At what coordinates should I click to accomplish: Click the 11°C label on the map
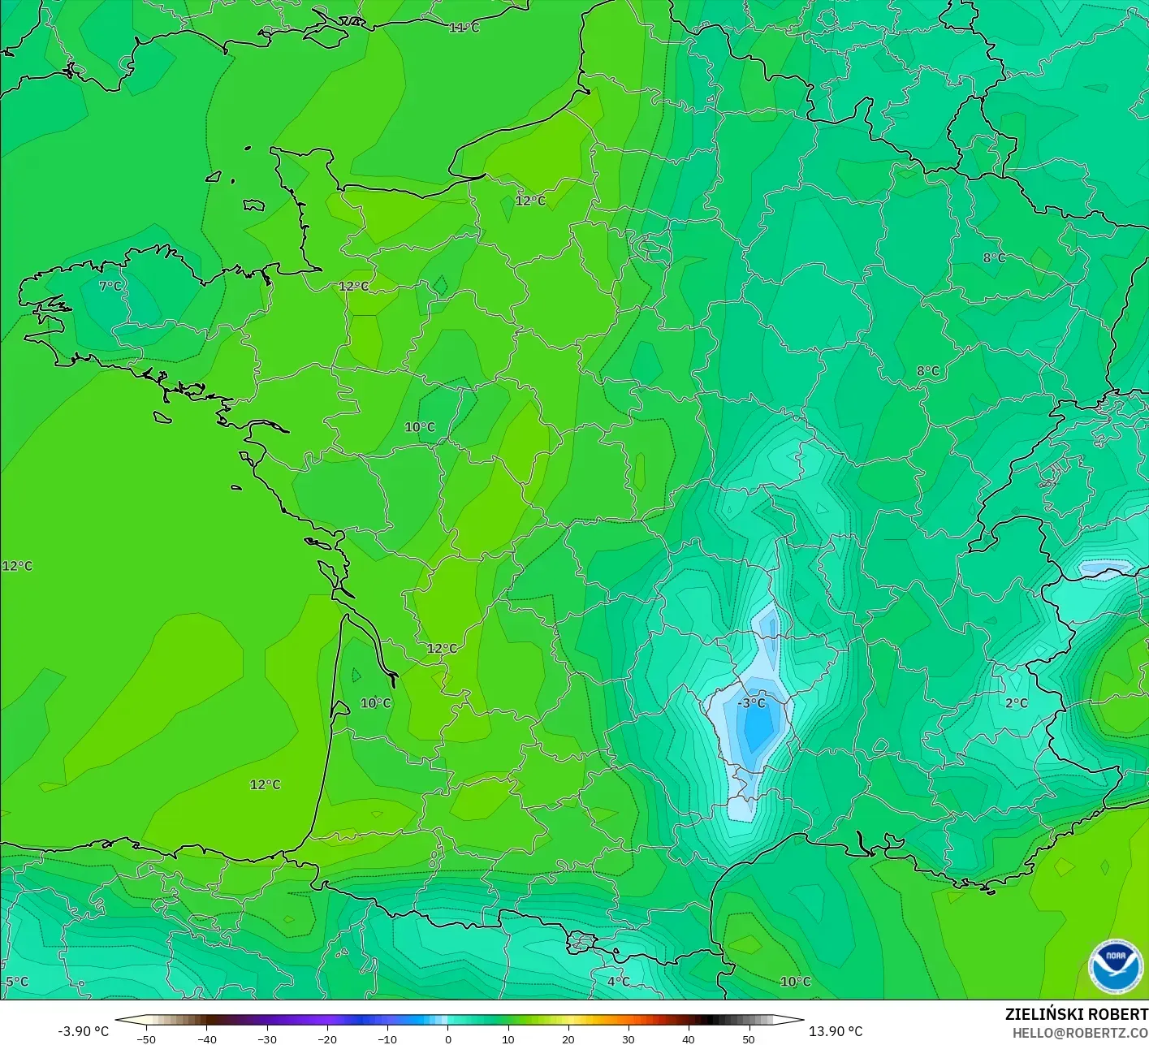click(x=464, y=28)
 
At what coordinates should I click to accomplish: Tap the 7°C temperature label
click(x=110, y=286)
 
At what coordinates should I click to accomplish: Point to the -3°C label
click(x=752, y=702)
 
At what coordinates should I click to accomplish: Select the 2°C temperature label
click(x=1017, y=703)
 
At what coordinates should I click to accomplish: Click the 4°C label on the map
click(x=618, y=981)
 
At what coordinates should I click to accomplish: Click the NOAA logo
click(x=1115, y=966)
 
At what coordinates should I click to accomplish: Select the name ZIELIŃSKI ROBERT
click(x=1076, y=1014)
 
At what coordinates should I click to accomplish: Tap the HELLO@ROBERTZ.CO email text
click(x=1080, y=1032)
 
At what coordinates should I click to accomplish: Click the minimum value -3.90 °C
click(x=83, y=1031)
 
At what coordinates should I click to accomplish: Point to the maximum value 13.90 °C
click(x=836, y=1031)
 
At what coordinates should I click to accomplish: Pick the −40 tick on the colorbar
click(x=206, y=1039)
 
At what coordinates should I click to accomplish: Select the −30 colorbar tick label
click(x=266, y=1039)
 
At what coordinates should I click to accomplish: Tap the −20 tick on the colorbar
click(x=326, y=1039)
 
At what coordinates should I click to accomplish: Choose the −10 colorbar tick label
click(x=387, y=1039)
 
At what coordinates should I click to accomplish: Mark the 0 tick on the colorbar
click(x=447, y=1039)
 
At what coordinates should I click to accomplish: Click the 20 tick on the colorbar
click(x=568, y=1039)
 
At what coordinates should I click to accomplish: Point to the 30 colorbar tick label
click(x=628, y=1039)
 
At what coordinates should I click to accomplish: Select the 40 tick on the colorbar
click(x=689, y=1039)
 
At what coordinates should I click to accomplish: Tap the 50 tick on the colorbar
click(x=749, y=1039)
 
